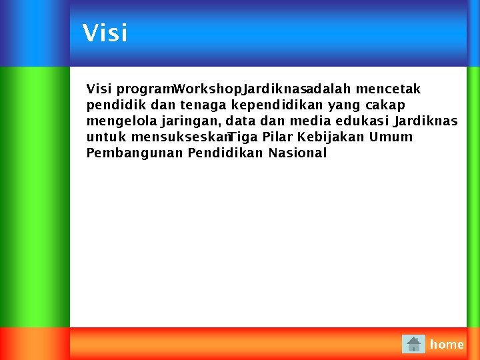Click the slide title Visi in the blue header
(105, 33)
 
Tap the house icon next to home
(413, 344)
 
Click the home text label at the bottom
(447, 345)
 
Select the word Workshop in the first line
(207, 89)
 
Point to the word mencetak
(388, 89)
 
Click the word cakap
(385, 105)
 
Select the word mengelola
(122, 121)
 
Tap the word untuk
(107, 137)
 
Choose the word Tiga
(243, 137)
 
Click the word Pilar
(279, 137)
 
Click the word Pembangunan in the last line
(135, 153)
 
